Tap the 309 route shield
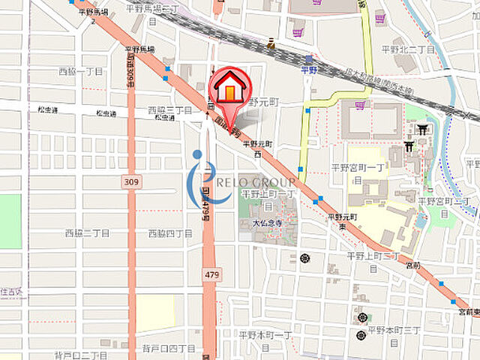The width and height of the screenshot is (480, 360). [131, 182]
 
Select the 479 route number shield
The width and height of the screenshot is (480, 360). [211, 275]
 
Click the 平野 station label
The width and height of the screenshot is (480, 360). [309, 70]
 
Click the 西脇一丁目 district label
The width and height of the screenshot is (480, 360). [80, 71]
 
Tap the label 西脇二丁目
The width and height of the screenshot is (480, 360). [87, 233]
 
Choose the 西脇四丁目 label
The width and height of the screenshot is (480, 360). [171, 233]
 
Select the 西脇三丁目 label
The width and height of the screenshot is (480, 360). [169, 109]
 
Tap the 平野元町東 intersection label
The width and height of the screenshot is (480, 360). [342, 221]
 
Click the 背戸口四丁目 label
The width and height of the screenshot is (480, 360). [168, 349]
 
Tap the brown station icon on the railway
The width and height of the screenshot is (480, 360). [271, 44]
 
